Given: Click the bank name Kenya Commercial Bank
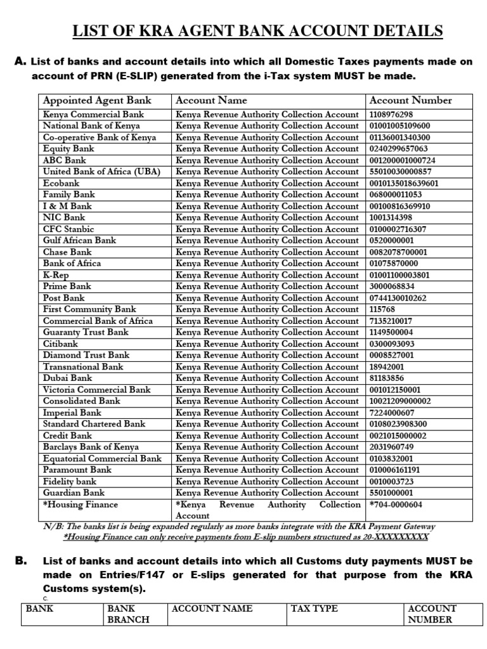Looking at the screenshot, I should pyautogui.click(x=93, y=115).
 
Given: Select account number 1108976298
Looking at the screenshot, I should pyautogui.click(x=391, y=115).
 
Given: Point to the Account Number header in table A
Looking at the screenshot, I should pyautogui.click(x=410, y=100).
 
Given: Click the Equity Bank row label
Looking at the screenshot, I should pyautogui.click(x=68, y=149).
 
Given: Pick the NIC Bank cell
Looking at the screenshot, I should pyautogui.click(x=64, y=217).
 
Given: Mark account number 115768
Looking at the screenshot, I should pyautogui.click(x=382, y=309).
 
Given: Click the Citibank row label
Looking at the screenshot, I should pyautogui.click(x=61, y=344).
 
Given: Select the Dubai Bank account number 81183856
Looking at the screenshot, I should pyautogui.click(x=387, y=378).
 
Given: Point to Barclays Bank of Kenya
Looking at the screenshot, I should pyautogui.click(x=91, y=447).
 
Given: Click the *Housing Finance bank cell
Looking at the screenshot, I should pyautogui.click(x=80, y=504).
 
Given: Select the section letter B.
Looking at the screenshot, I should pyautogui.click(x=20, y=561).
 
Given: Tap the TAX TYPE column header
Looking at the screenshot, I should pyautogui.click(x=315, y=608).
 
